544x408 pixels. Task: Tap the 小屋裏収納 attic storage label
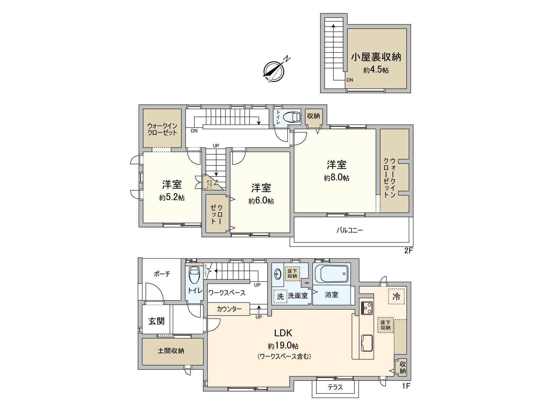coord(376,57)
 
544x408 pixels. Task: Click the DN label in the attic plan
coord(350,80)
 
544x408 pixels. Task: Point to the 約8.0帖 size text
coord(336,178)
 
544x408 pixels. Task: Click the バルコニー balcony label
coord(350,231)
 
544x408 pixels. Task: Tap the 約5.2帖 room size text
coord(172,198)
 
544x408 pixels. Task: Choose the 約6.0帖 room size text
coord(261,201)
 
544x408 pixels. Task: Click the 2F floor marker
coord(408,251)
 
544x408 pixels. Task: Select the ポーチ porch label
coord(162,274)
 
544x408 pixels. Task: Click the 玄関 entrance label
coord(156,321)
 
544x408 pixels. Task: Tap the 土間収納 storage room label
coord(171,351)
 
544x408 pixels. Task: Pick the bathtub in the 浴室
coord(331,274)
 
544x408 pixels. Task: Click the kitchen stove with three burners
coord(367,308)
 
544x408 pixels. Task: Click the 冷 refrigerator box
coord(396,296)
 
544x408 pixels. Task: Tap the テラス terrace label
coord(335,387)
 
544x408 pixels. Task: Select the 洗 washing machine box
coord(280,296)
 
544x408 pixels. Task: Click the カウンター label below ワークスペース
coord(229,309)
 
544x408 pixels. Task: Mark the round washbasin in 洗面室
coord(278,273)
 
